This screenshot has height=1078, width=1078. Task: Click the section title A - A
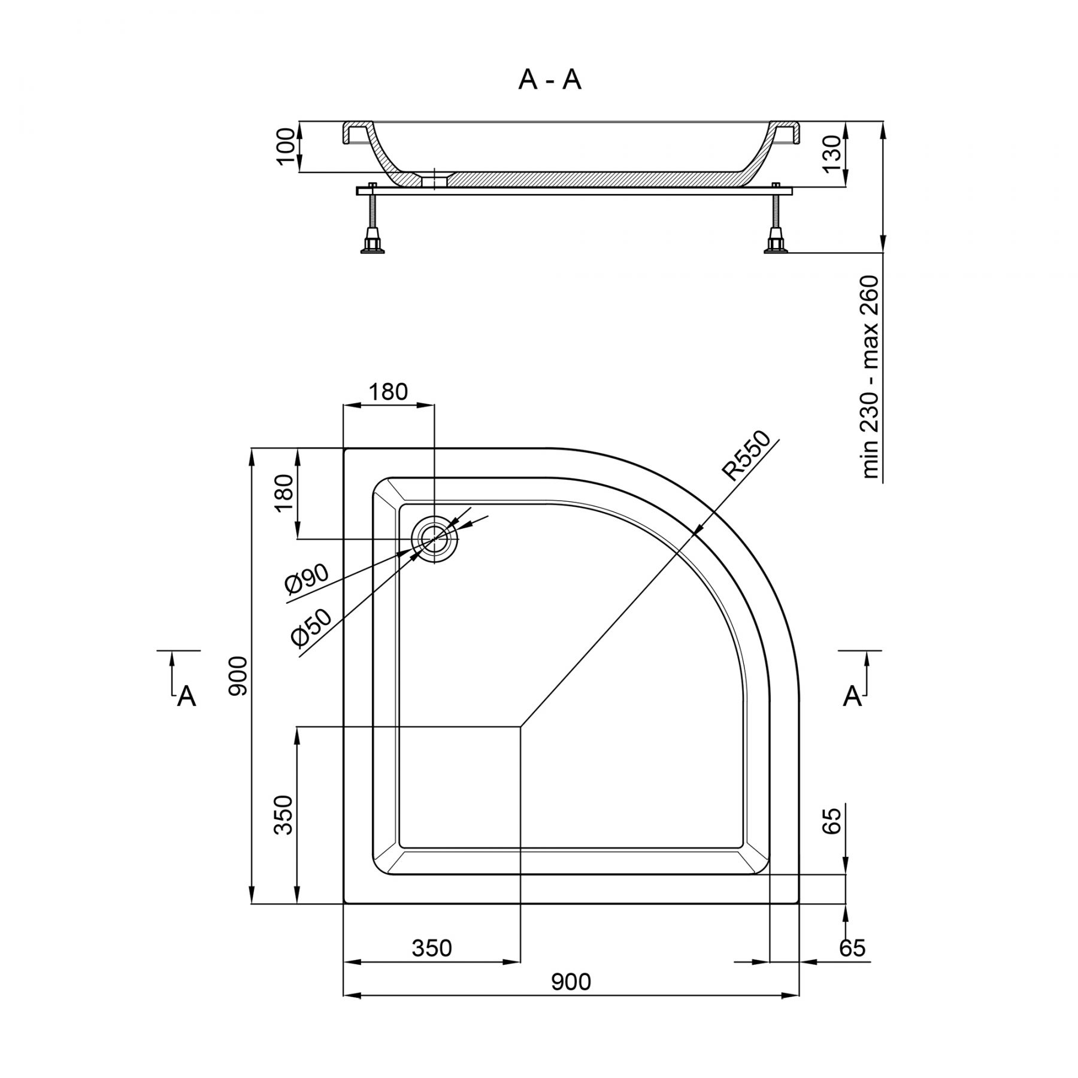[x=549, y=80]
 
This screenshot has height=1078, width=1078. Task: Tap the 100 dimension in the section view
[x=287, y=146]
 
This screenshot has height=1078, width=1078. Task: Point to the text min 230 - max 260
[x=870, y=377]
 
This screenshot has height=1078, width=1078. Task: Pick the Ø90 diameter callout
[x=307, y=579]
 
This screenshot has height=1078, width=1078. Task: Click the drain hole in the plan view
[x=434, y=539]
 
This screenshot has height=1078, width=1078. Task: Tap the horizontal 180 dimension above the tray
[x=387, y=392]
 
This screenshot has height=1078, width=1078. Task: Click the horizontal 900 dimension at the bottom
[x=571, y=982]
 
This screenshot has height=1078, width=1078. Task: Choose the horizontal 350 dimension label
[x=432, y=948]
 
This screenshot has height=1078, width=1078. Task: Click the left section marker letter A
[x=187, y=697]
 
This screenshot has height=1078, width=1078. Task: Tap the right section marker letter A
[x=852, y=696]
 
